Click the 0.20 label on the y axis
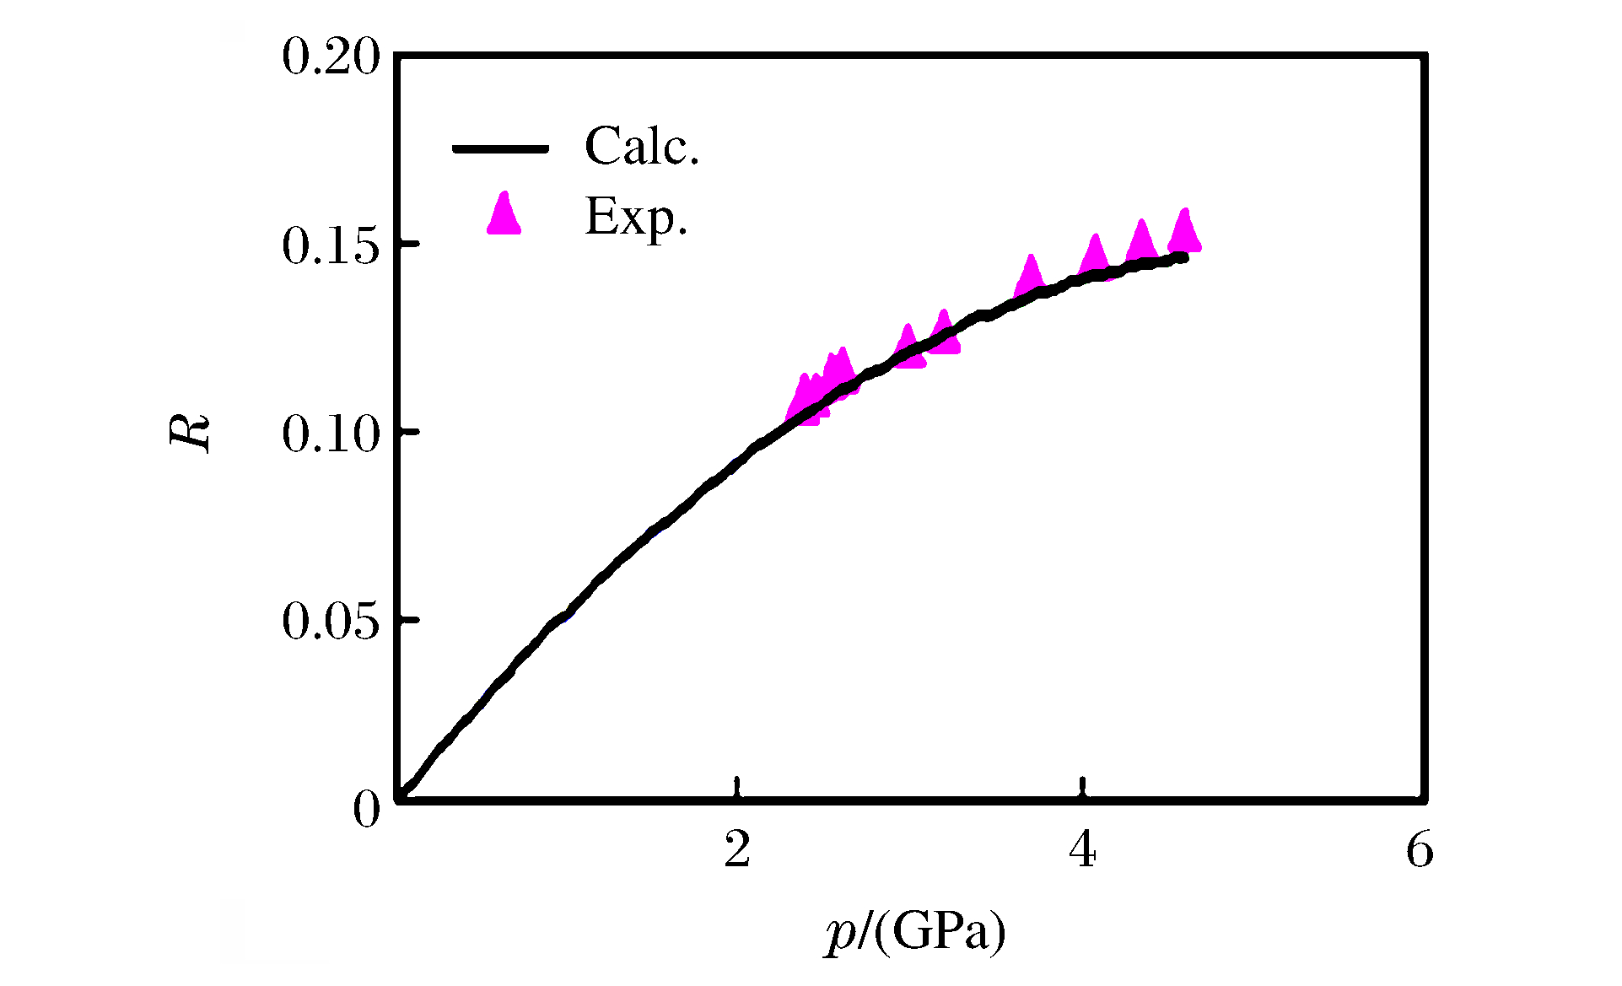(331, 58)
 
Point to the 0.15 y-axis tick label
(331, 246)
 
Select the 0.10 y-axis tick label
(331, 434)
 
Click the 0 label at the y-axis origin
(367, 810)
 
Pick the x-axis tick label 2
(737, 850)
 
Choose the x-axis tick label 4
(1082, 850)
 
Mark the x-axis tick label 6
(1420, 850)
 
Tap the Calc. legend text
(642, 147)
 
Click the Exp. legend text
(637, 217)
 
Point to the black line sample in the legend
(501, 148)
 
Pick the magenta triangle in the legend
(504, 215)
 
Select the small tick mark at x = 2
(738, 787)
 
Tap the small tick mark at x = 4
(1083, 787)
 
